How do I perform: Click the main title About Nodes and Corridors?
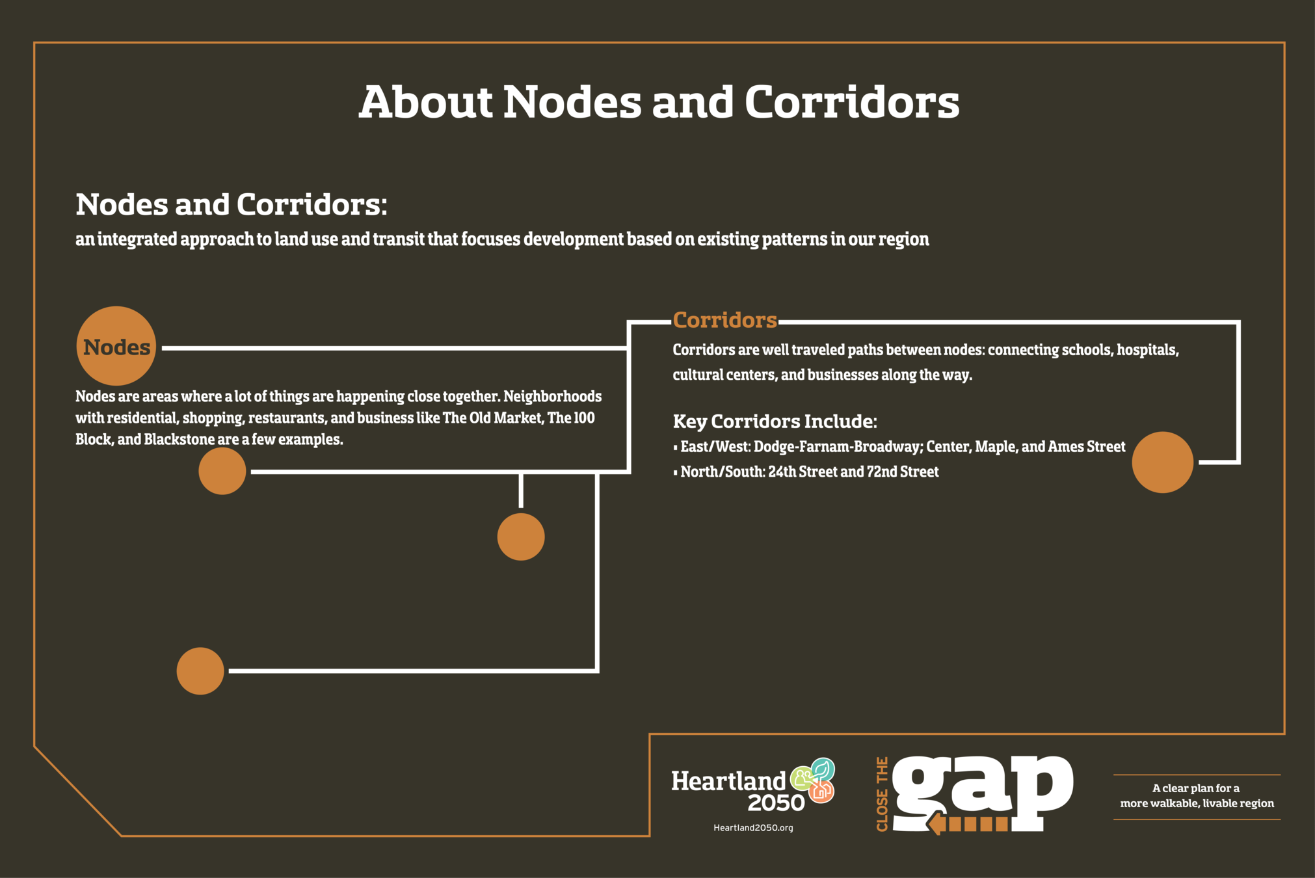(658, 102)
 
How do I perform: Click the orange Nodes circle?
(116, 346)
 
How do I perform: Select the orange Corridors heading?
(724, 320)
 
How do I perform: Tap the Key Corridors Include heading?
(775, 421)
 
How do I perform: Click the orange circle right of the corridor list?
(1162, 462)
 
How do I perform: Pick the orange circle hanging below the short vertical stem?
(521, 537)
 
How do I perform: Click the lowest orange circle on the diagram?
(200, 671)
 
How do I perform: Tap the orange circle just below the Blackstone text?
(222, 471)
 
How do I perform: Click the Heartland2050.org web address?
(753, 828)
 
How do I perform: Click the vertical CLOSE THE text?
(882, 794)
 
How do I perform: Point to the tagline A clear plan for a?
(1195, 788)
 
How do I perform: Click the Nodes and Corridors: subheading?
(232, 205)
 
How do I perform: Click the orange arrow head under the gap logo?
(936, 824)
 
